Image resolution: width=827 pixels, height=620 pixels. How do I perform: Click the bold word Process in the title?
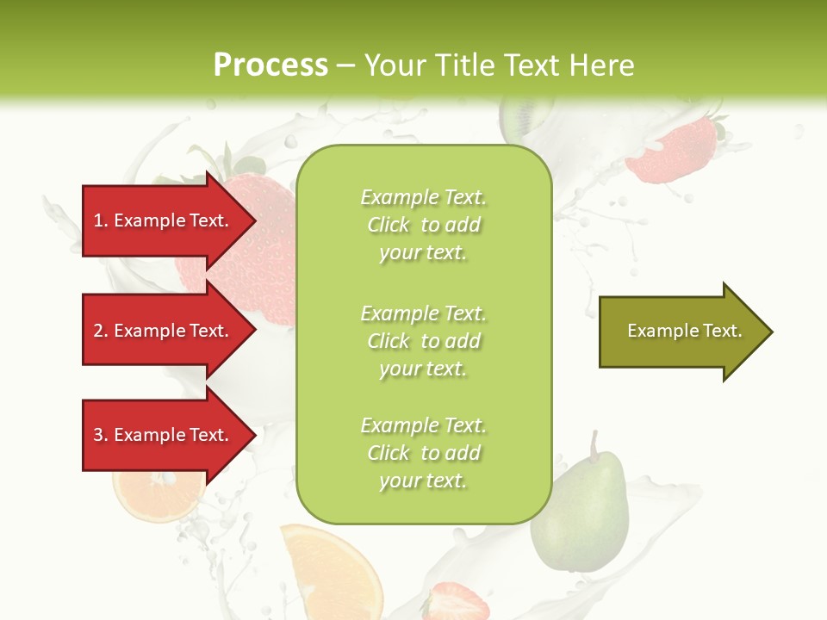click(270, 65)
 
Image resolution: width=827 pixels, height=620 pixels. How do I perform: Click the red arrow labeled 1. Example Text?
click(164, 220)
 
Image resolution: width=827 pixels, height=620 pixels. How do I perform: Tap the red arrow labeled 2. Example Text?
click(164, 331)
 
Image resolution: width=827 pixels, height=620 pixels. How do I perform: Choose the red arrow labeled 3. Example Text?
click(164, 435)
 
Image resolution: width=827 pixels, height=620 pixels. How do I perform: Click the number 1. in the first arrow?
click(101, 220)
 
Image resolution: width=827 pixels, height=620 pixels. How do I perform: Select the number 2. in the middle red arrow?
click(101, 331)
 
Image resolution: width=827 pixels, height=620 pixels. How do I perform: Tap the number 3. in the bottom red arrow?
click(101, 435)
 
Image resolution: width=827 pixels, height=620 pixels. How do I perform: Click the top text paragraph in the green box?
click(423, 225)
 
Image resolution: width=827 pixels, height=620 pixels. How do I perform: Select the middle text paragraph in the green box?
click(423, 341)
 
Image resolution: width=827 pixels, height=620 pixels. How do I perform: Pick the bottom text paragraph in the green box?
click(423, 453)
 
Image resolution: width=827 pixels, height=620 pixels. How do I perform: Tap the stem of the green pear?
click(594, 443)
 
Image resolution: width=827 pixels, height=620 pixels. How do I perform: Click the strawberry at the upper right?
click(672, 151)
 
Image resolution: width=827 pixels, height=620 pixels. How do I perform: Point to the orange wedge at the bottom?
click(332, 573)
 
